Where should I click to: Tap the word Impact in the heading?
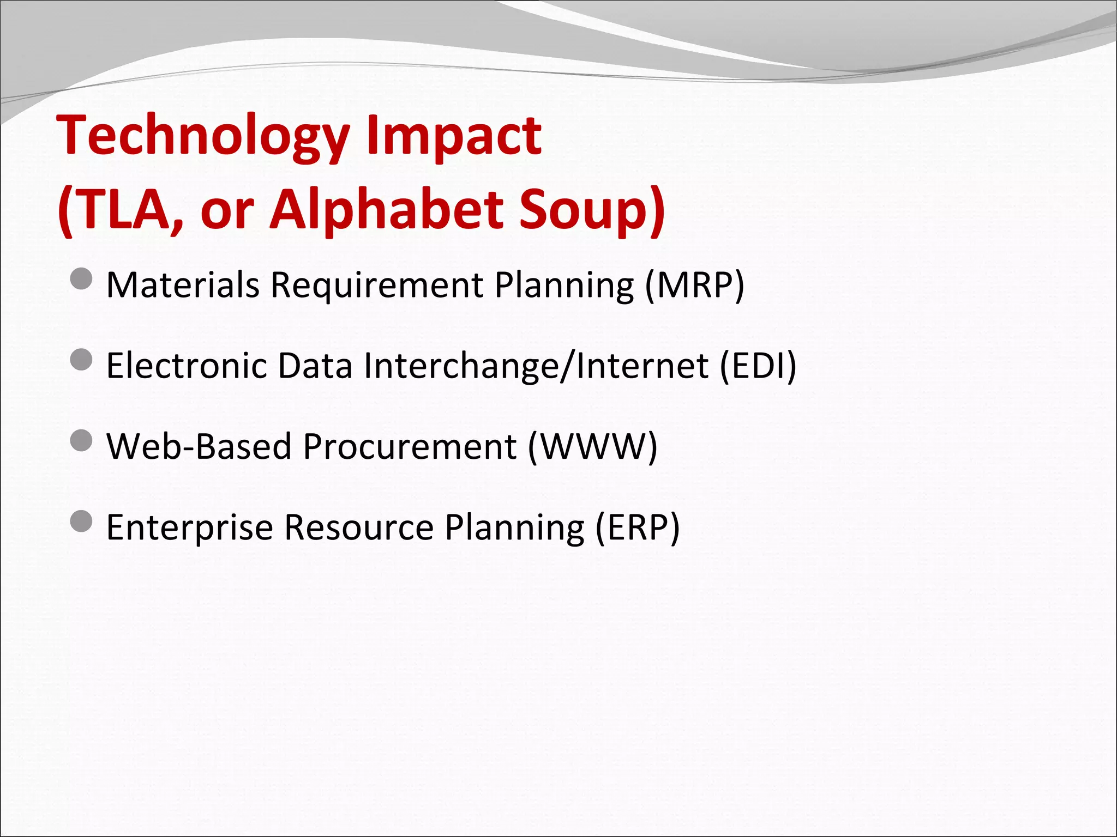tap(454, 136)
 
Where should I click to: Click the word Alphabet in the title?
tap(387, 210)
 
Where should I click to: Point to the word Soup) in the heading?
tap(592, 210)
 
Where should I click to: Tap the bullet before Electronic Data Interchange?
tap(82, 360)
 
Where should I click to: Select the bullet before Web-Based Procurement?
tap(82, 440)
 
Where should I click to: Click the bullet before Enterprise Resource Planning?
tap(82, 521)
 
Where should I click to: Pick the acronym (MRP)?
tap(694, 285)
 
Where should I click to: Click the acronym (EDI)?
tap(758, 366)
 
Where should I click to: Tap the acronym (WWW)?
tap(592, 446)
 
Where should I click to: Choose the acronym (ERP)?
tap(637, 527)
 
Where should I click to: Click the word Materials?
tap(183, 285)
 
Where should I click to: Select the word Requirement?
tap(377, 285)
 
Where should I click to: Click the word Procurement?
tap(410, 446)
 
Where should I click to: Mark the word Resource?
tap(359, 527)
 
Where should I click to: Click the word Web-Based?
tap(199, 446)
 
